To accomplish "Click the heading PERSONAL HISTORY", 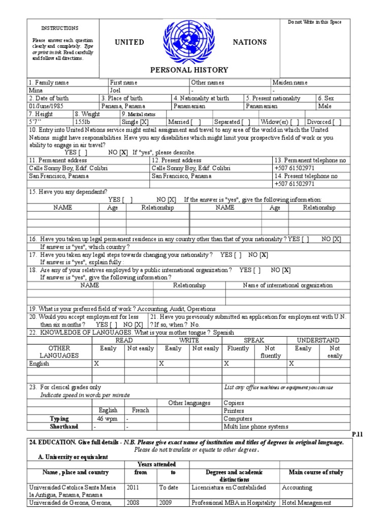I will pyautogui.click(x=189, y=70).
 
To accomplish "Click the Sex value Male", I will pyautogui.click(x=324, y=106).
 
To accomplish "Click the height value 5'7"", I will pyautogui.click(x=36, y=122).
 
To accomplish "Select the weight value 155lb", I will pyautogui.click(x=83, y=122).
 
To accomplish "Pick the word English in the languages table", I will pyautogui.click(x=40, y=364).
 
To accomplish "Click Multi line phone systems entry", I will pyautogui.click(x=256, y=427).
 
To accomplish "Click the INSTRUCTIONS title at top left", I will pyautogui.click(x=59, y=28).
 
